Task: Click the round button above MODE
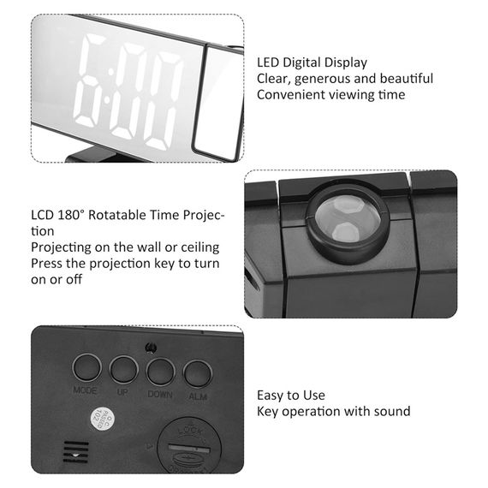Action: click(86, 367)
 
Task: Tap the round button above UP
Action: click(124, 370)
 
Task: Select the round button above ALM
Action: click(198, 374)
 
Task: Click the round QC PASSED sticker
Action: click(103, 419)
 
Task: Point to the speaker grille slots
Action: click(76, 452)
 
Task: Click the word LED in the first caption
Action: click(268, 62)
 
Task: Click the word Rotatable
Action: click(117, 215)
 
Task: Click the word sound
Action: click(392, 412)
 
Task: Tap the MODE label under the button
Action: click(85, 390)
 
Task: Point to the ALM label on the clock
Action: click(198, 396)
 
